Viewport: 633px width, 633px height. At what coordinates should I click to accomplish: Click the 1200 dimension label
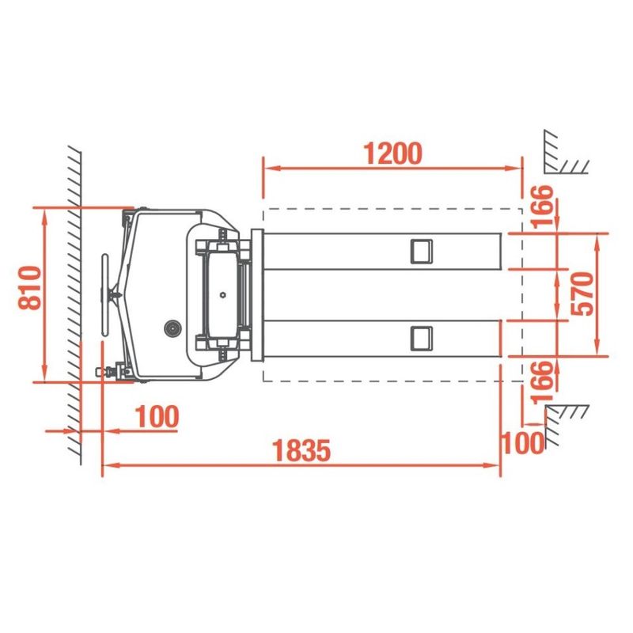[x=392, y=154]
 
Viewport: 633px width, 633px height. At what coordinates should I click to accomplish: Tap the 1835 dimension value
[x=301, y=450]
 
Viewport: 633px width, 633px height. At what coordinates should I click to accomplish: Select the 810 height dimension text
[x=30, y=288]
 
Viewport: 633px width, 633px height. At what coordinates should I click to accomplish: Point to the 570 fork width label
[x=583, y=294]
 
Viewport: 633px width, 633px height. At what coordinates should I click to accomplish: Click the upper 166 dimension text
[x=541, y=207]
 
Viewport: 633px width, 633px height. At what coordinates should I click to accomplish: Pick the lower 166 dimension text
[x=541, y=382]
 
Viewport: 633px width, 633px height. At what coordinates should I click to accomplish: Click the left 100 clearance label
[x=157, y=417]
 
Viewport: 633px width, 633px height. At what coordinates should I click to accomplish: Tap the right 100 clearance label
[x=522, y=443]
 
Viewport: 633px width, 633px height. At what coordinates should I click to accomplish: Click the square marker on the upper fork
[x=422, y=252]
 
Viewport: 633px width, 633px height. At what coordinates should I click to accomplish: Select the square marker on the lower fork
[x=422, y=339]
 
